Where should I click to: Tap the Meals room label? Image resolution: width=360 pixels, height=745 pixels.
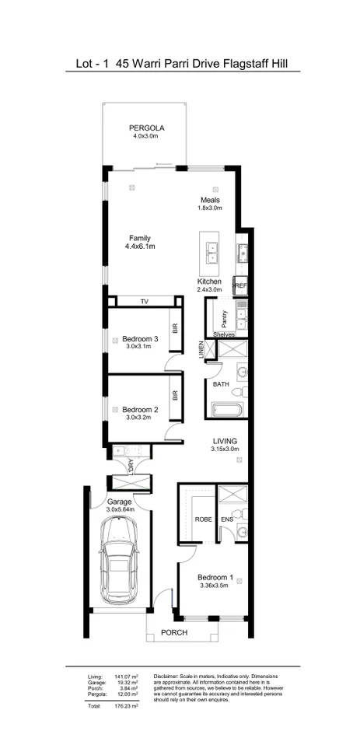click(x=210, y=200)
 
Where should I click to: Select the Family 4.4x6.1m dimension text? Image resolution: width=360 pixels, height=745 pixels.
click(x=140, y=247)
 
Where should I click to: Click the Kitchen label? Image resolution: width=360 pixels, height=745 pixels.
click(x=210, y=281)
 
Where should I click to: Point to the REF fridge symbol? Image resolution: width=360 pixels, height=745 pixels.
click(x=240, y=286)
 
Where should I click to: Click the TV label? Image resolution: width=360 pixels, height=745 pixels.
click(x=144, y=301)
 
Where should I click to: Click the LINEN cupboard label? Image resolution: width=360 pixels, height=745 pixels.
click(x=201, y=349)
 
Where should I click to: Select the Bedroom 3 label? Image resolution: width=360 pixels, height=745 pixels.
click(x=140, y=338)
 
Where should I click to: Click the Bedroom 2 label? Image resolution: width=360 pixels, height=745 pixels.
click(x=140, y=409)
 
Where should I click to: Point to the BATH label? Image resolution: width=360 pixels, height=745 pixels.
click(x=221, y=384)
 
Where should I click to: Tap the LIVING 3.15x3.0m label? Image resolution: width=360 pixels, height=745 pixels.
click(x=225, y=441)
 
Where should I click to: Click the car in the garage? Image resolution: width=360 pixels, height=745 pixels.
click(x=119, y=563)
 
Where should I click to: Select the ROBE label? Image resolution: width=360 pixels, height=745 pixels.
click(x=204, y=519)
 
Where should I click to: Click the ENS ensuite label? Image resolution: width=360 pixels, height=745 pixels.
click(x=227, y=519)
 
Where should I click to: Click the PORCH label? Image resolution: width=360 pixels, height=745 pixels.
click(x=174, y=633)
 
